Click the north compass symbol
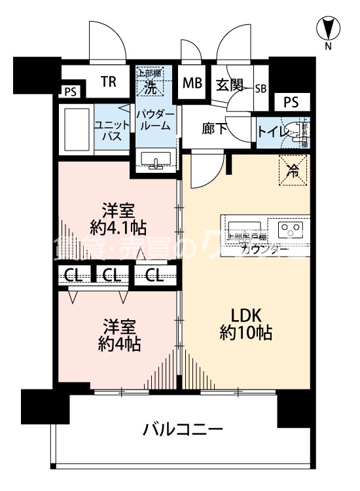coord(329,29)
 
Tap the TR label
coord(109,82)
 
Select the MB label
coord(192,83)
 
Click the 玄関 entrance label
coord(229,84)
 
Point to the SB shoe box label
coord(261,88)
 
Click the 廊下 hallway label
coord(214,129)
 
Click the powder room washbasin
coord(156,160)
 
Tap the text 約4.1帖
coord(118,227)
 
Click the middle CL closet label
coord(113,276)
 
